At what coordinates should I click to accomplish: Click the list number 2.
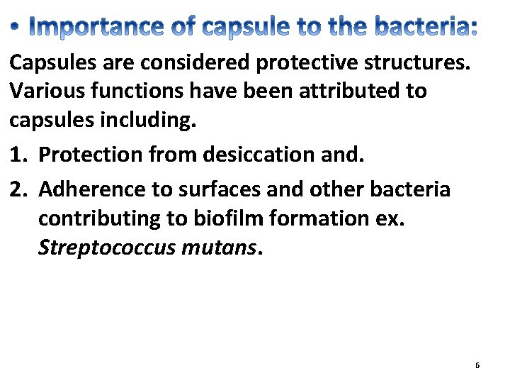[16, 189]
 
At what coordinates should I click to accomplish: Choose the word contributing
[102, 218]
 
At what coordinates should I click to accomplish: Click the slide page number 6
[477, 365]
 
